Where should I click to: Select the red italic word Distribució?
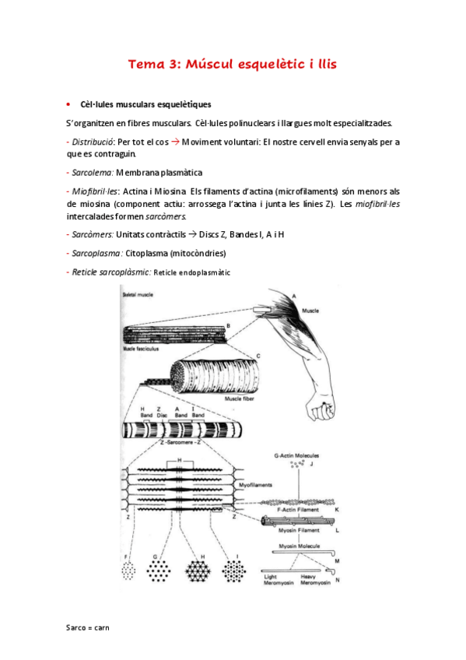[92, 142]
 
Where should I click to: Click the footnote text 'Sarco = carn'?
[88, 626]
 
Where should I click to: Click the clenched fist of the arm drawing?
[319, 406]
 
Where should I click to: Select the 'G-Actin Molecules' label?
[297, 454]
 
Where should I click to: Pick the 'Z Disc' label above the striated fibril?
[159, 412]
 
